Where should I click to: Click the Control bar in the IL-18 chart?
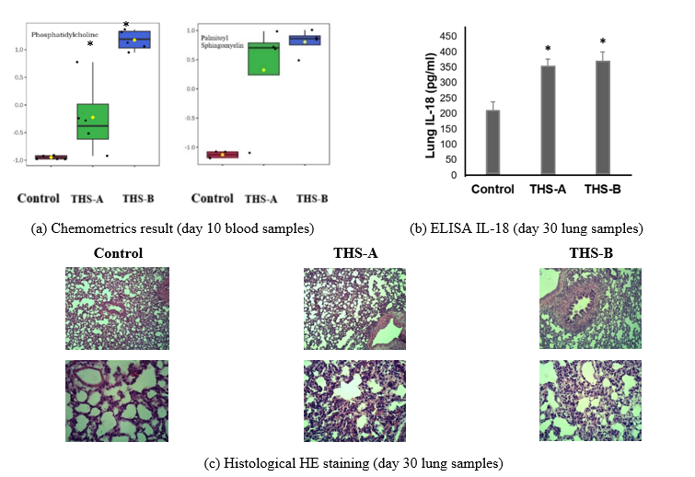click(x=492, y=142)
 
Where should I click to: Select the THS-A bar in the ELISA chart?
click(x=548, y=120)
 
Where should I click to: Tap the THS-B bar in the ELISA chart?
click(x=603, y=117)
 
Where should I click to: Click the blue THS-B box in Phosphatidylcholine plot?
click(x=135, y=40)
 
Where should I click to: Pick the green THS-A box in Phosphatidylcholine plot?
click(x=92, y=122)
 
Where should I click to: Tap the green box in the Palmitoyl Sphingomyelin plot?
click(x=263, y=59)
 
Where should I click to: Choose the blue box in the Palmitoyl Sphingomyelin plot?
click(x=305, y=40)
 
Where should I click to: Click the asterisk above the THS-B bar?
click(x=603, y=42)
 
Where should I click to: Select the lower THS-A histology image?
click(x=354, y=399)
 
